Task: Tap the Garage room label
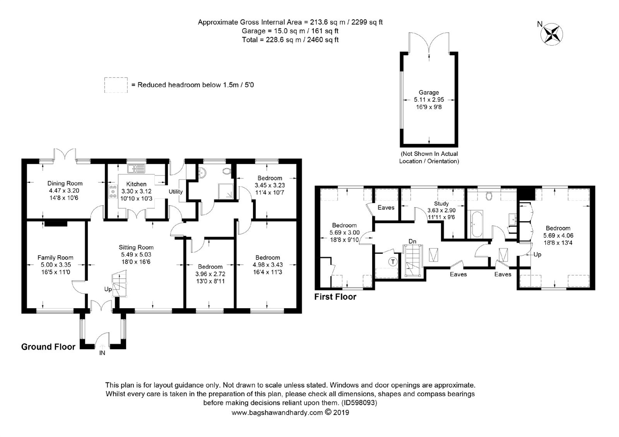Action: coord(429,92)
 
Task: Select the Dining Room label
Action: coord(65,183)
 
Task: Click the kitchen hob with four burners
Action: coord(113,192)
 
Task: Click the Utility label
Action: coord(175,192)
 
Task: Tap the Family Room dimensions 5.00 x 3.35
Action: coord(55,265)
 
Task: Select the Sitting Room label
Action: coord(136,247)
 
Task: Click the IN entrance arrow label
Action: coord(102,353)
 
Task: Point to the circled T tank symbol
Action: coord(393,262)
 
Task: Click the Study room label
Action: coord(441,204)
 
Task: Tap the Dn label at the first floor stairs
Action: coord(412,241)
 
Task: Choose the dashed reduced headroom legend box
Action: coord(116,85)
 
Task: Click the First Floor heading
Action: coord(335,297)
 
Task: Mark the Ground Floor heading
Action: coord(48,347)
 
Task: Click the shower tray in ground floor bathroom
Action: coord(226,192)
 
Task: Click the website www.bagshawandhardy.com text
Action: coord(277,413)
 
